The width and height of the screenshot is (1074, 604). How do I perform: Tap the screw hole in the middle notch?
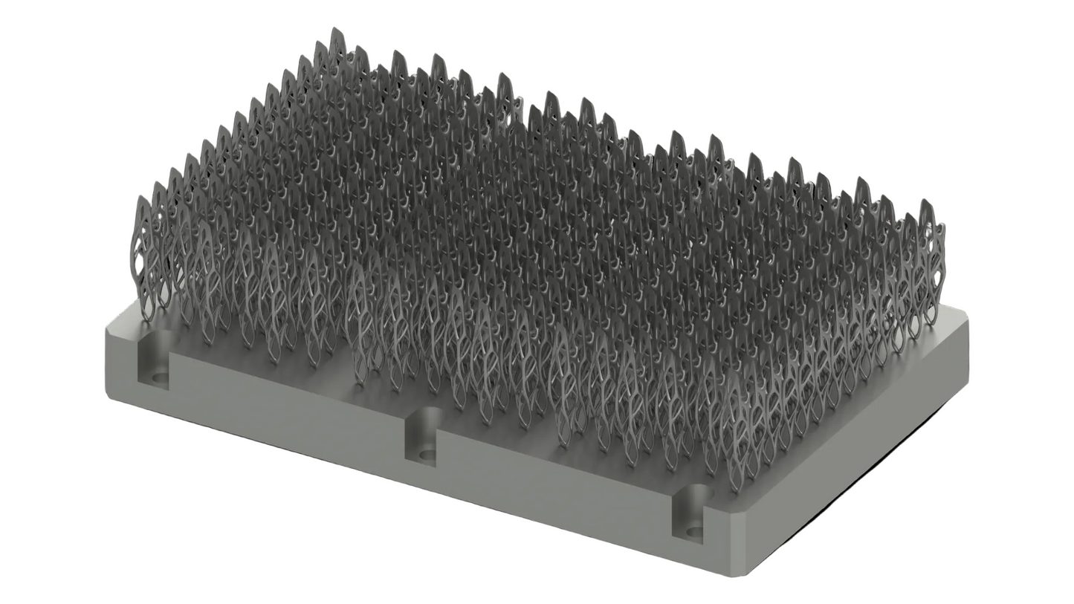[427, 455]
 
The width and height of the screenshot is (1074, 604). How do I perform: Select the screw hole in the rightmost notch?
[694, 532]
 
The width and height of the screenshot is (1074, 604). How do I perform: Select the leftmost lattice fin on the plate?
[144, 253]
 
